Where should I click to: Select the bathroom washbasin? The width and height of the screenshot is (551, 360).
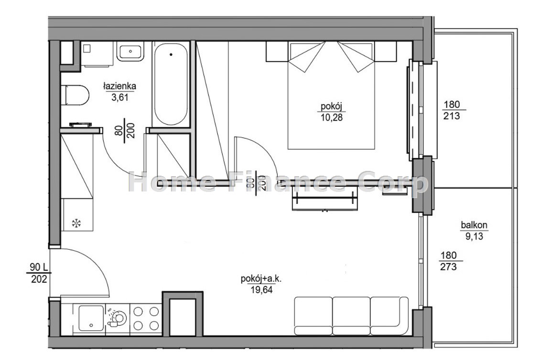click(x=130, y=51)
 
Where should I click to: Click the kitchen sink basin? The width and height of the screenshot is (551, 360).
click(x=91, y=318)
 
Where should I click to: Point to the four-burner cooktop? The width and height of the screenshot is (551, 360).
click(x=146, y=318)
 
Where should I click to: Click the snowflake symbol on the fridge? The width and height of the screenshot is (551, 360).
click(x=76, y=223)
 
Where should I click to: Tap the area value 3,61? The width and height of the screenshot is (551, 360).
click(x=120, y=97)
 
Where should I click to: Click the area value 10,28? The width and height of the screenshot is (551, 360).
click(x=331, y=117)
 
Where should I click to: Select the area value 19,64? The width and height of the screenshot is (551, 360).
click(x=261, y=290)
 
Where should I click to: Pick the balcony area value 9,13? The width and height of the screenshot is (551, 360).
click(x=475, y=236)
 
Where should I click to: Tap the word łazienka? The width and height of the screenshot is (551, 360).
click(x=119, y=85)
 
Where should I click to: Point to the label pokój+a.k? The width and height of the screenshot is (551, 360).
click(x=261, y=279)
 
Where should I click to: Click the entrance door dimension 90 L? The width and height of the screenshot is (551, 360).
click(x=39, y=268)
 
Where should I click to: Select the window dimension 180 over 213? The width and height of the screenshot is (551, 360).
click(x=452, y=110)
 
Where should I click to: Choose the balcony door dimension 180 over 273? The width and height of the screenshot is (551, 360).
click(x=449, y=261)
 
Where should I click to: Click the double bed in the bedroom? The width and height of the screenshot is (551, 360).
click(x=331, y=95)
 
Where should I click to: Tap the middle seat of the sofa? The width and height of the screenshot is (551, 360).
click(x=351, y=316)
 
